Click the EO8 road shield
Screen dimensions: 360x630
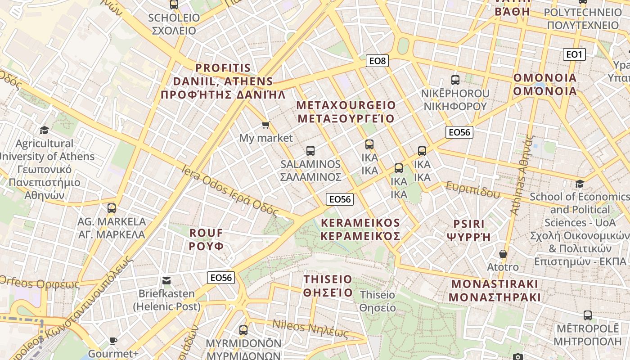tap(377, 60)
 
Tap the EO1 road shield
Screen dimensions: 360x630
tap(574, 55)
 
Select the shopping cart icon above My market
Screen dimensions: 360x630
tap(265, 125)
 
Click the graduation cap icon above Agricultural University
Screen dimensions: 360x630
tap(44, 130)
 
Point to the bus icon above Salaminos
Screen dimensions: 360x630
tap(310, 150)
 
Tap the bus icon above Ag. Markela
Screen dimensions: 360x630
tap(112, 208)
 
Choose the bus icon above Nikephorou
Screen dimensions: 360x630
tap(455, 80)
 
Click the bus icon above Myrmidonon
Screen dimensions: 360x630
tap(243, 330)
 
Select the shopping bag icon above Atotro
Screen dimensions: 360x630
tap(503, 254)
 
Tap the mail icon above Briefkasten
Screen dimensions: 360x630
tap(166, 281)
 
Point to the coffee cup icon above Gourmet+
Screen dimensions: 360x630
tap(113, 341)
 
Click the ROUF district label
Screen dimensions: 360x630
tap(206, 239)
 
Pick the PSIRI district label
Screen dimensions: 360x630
tap(469, 230)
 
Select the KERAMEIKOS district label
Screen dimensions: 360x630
tap(360, 229)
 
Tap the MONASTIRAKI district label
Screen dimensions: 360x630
tap(495, 291)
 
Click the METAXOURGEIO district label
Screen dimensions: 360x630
tap(346, 112)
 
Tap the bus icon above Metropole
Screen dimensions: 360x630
tap(587, 315)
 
